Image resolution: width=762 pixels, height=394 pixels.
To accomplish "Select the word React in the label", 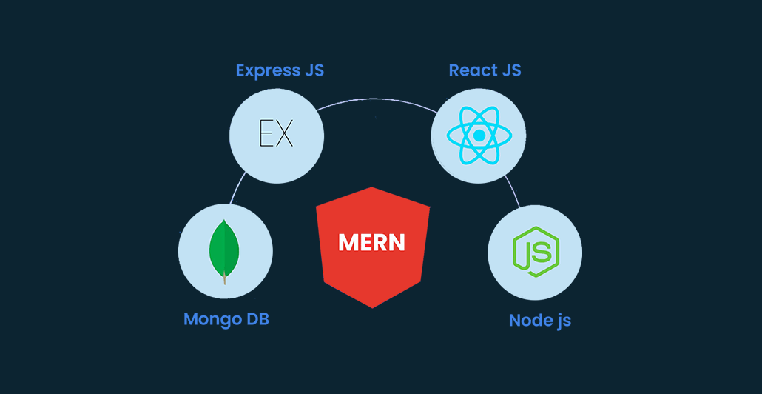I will (473, 71).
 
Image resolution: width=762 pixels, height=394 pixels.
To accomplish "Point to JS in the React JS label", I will (510, 71).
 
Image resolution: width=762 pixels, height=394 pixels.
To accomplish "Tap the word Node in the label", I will (530, 321).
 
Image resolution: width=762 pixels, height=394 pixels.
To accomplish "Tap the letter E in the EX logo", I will (266, 135).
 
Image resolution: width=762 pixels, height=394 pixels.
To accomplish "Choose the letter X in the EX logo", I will (285, 135).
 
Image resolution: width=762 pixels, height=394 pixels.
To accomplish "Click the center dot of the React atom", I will (479, 136).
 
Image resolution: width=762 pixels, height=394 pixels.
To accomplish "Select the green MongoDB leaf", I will (225, 247).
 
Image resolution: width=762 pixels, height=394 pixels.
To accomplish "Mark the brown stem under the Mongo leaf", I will (225, 279).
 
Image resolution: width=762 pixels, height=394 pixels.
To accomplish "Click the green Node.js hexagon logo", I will (535, 252).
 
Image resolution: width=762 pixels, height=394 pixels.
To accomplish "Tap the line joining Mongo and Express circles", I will (237, 189).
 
